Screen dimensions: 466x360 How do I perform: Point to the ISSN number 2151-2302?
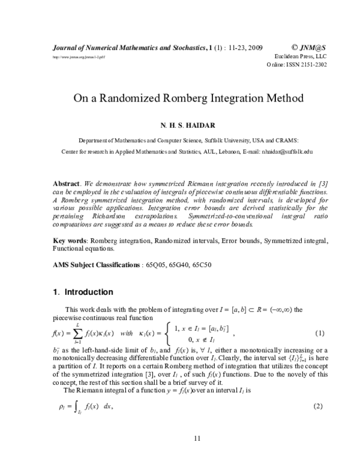(313, 64)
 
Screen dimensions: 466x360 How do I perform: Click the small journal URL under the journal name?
(67, 56)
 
